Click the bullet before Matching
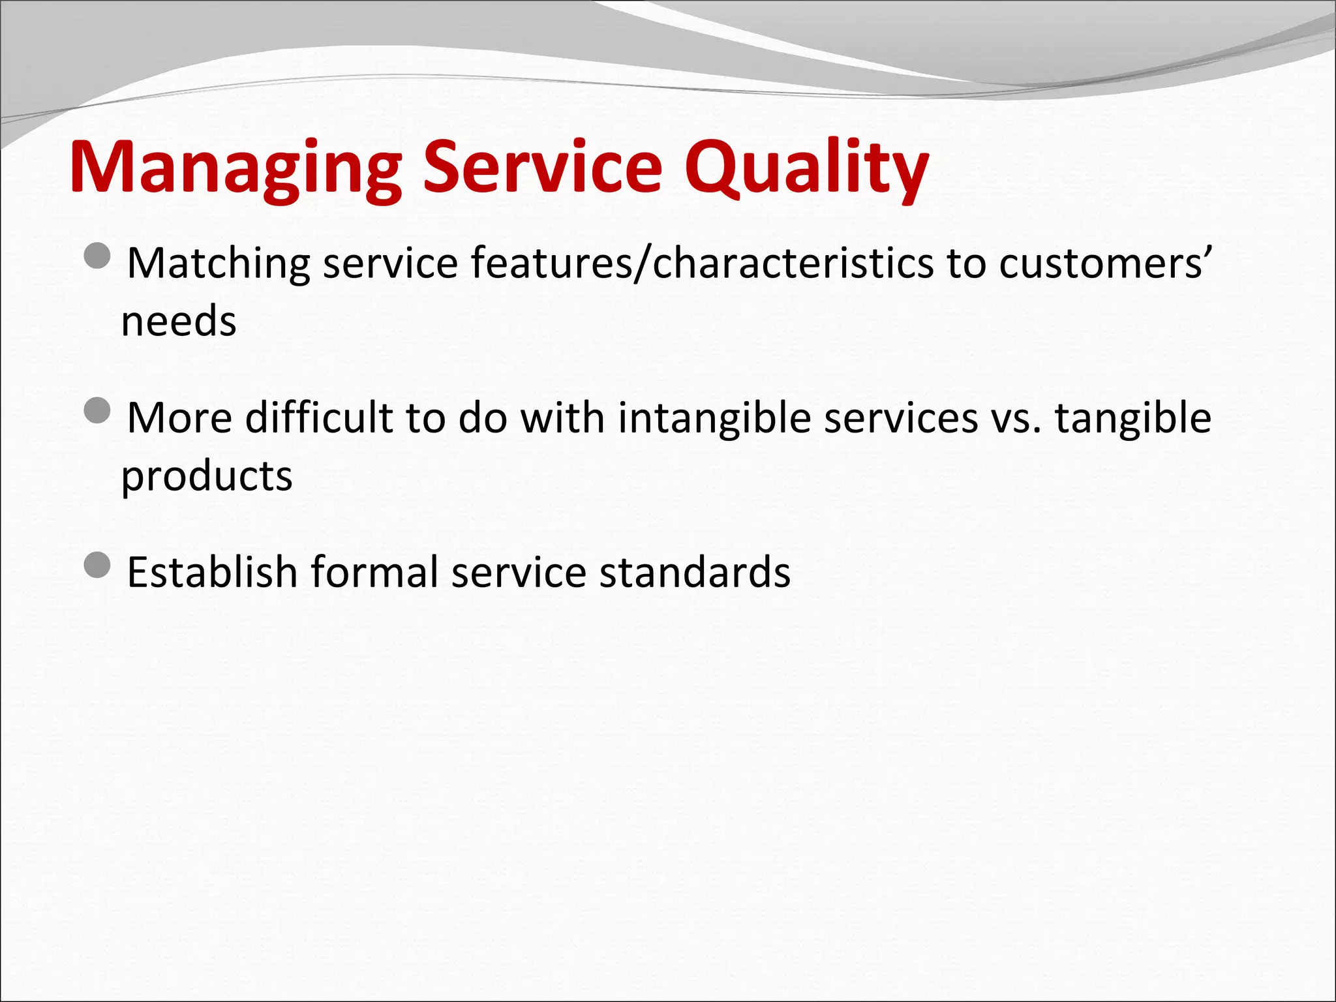click(98, 256)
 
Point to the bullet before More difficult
click(98, 410)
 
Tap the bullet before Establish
click(98, 564)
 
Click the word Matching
click(219, 264)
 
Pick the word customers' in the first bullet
click(1104, 264)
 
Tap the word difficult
click(319, 417)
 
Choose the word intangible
click(714, 417)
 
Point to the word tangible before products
click(1133, 417)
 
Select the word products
click(207, 476)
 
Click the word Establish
click(212, 572)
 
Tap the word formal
click(374, 572)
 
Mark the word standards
click(695, 572)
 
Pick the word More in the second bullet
click(179, 417)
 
